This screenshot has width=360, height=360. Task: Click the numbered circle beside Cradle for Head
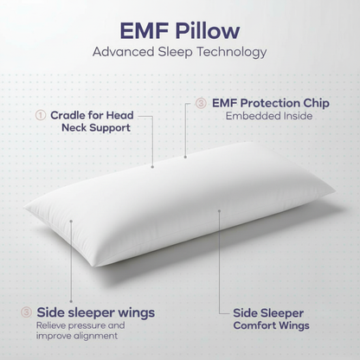40,114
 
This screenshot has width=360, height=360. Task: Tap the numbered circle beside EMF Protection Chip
200,102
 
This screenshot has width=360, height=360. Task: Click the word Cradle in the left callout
68,114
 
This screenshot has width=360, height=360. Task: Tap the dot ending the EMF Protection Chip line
185,157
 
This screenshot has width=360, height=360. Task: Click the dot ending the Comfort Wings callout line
219,210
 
